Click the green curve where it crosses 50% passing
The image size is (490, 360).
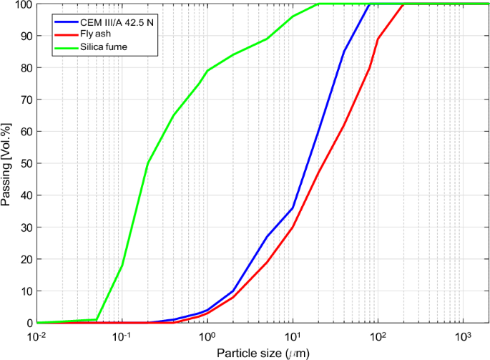148,163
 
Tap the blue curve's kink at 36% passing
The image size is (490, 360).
293,208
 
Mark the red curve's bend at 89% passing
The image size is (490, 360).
378,39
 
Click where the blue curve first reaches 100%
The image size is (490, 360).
369,4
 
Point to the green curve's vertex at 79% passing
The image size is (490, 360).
207,71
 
